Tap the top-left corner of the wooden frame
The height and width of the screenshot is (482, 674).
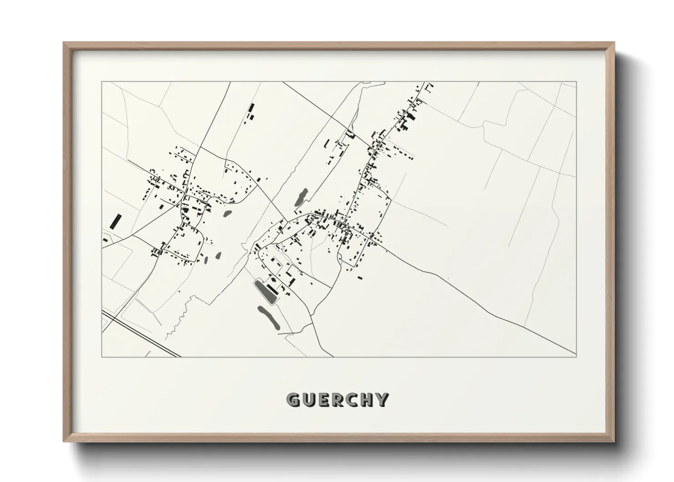click(64, 43)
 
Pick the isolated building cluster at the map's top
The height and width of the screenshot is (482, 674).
click(250, 113)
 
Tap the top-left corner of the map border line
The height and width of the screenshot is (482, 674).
click(102, 82)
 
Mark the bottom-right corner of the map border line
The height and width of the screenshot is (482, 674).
click(576, 357)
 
